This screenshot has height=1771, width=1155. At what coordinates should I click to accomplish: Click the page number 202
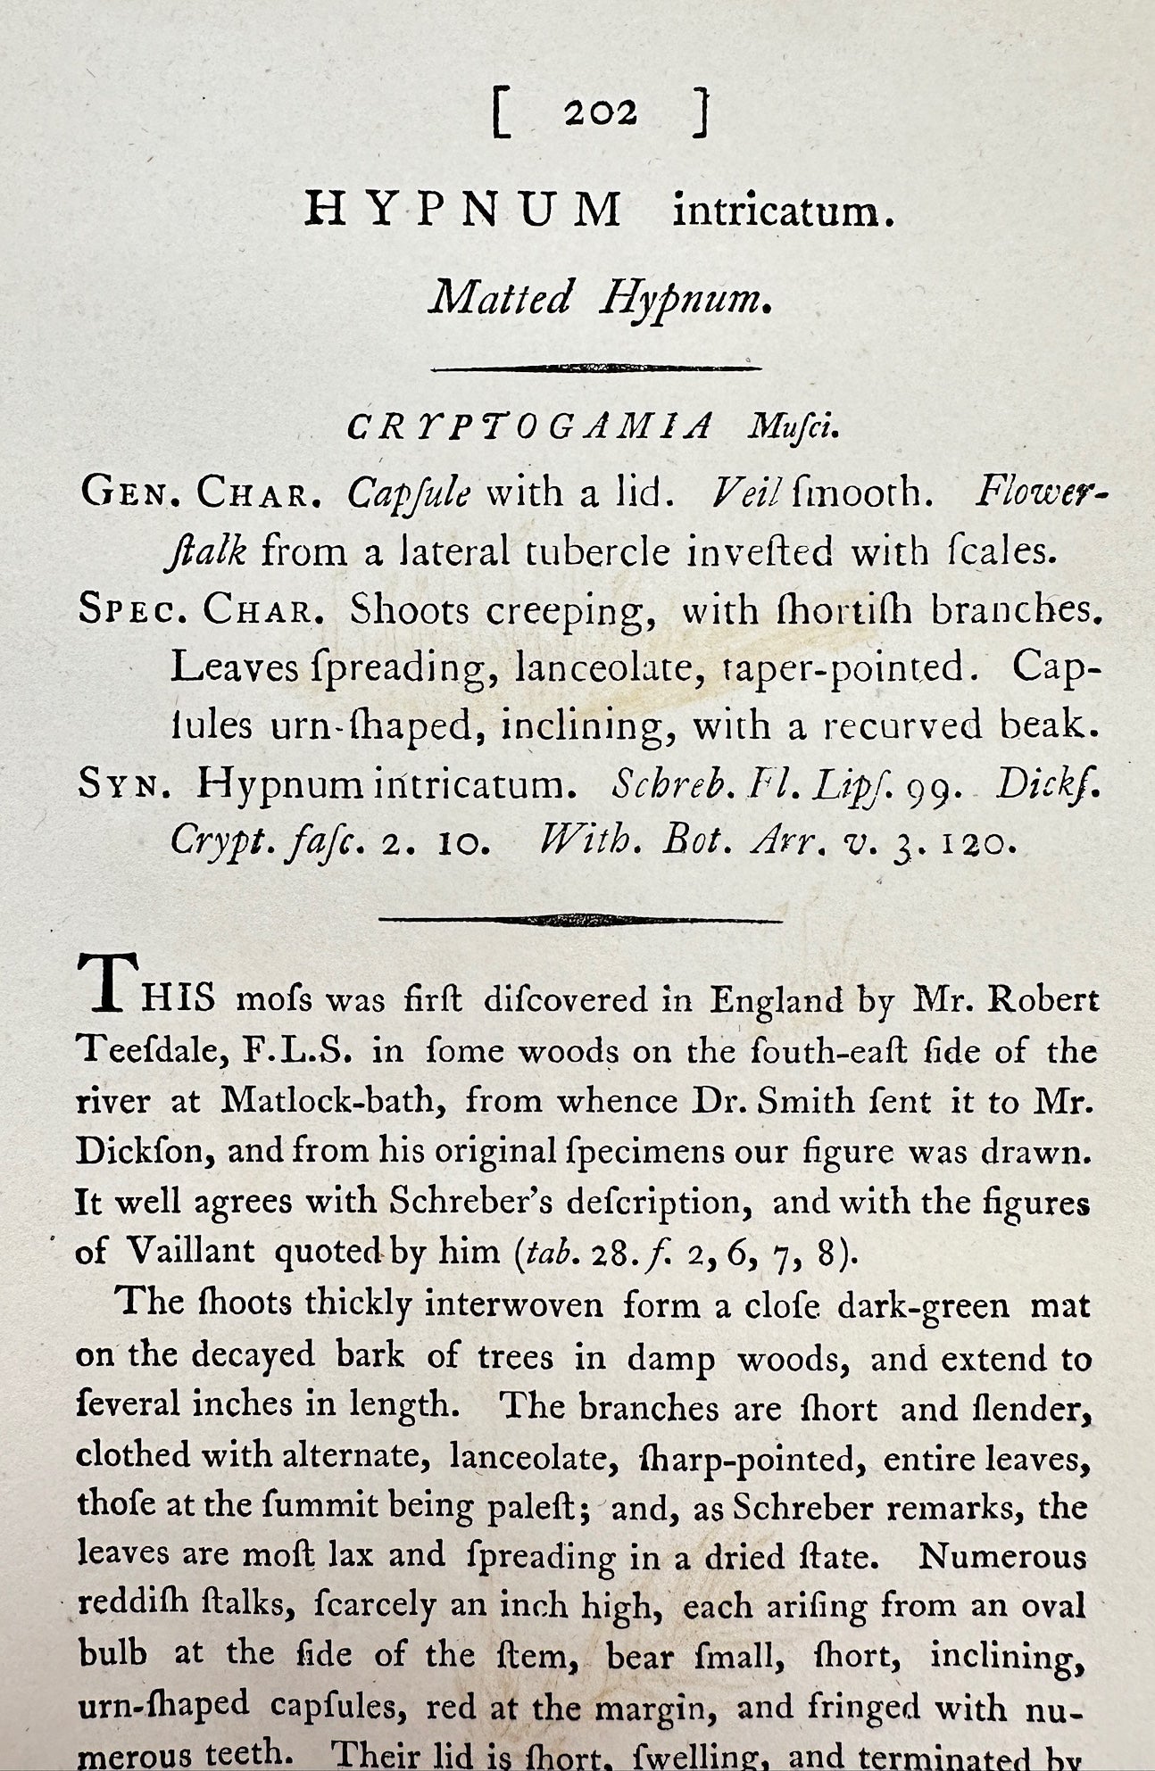pyautogui.click(x=600, y=114)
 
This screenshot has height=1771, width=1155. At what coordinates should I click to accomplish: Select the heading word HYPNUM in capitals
pyautogui.click(x=464, y=211)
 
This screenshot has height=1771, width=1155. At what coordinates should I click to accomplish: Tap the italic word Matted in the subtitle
pyautogui.click(x=499, y=298)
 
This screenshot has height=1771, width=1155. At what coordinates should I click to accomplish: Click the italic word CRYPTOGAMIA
pyautogui.click(x=529, y=429)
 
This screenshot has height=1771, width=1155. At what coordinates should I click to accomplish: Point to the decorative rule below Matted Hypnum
pyautogui.click(x=596, y=368)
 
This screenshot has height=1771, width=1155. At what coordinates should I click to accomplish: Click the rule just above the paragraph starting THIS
pyautogui.click(x=580, y=919)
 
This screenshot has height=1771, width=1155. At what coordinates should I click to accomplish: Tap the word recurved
pyautogui.click(x=902, y=726)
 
